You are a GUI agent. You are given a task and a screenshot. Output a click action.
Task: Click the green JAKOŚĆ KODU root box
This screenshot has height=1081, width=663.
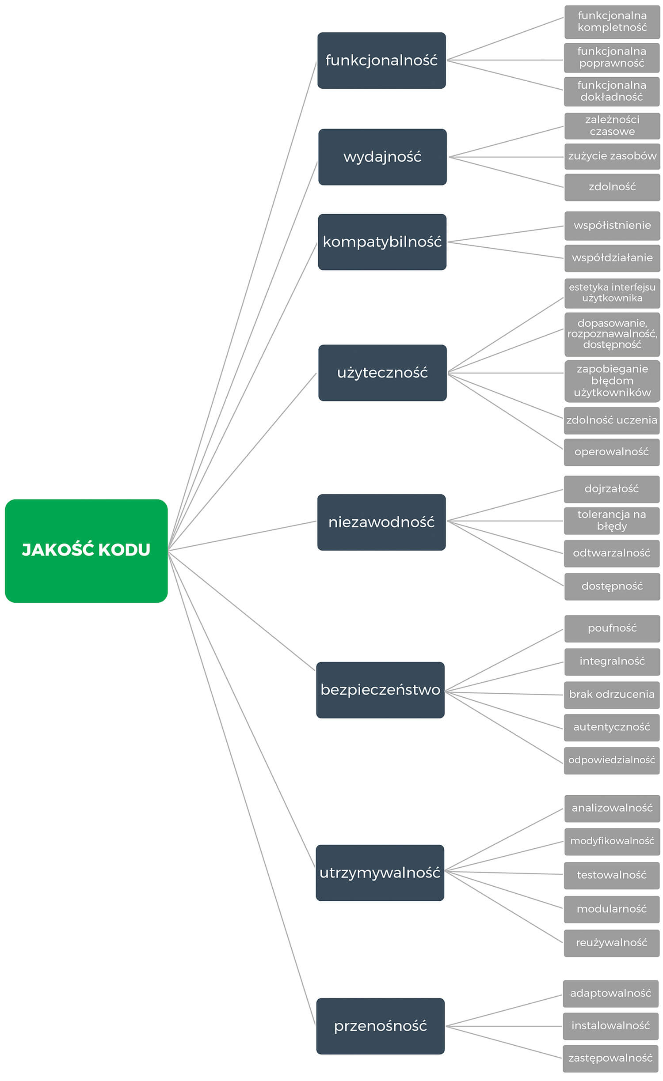(86, 551)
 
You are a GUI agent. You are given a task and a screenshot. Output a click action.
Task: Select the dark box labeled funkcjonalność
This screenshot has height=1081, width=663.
(381, 60)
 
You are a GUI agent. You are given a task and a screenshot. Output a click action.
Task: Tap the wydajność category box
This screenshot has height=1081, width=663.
(382, 157)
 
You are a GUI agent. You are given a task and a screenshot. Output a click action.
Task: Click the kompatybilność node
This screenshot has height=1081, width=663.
(382, 242)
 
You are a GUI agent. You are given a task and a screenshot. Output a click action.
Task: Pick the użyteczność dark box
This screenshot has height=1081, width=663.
(382, 373)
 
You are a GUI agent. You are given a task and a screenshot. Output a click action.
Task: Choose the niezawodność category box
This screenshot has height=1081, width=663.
(381, 522)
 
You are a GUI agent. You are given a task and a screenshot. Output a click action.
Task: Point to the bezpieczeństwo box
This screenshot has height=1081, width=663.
(380, 690)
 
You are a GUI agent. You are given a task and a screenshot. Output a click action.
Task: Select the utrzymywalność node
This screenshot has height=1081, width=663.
(380, 873)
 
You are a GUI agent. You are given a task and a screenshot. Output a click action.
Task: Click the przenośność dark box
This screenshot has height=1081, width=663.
(380, 1026)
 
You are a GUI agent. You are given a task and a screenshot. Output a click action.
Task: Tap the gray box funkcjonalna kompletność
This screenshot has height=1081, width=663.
(612, 22)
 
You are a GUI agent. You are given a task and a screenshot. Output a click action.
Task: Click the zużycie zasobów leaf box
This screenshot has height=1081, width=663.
(612, 156)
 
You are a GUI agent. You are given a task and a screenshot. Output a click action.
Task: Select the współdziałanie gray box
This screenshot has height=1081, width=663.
(612, 258)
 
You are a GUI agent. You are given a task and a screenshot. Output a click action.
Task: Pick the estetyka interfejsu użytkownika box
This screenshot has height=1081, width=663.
(612, 293)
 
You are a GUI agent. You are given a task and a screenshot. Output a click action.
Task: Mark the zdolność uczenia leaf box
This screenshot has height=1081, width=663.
(612, 420)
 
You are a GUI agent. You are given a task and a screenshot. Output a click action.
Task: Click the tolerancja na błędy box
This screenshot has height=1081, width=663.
(612, 521)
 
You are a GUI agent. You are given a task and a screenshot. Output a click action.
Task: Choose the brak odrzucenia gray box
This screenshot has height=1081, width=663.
(612, 695)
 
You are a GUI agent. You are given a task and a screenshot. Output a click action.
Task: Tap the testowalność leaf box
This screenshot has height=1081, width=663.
(612, 875)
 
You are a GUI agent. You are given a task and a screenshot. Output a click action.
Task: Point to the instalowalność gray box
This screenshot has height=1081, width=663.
(610, 1026)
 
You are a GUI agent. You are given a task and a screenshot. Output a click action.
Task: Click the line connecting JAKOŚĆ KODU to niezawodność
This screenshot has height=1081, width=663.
(242, 536)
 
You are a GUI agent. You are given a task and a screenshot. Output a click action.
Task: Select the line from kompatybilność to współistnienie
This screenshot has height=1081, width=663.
(506, 234)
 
